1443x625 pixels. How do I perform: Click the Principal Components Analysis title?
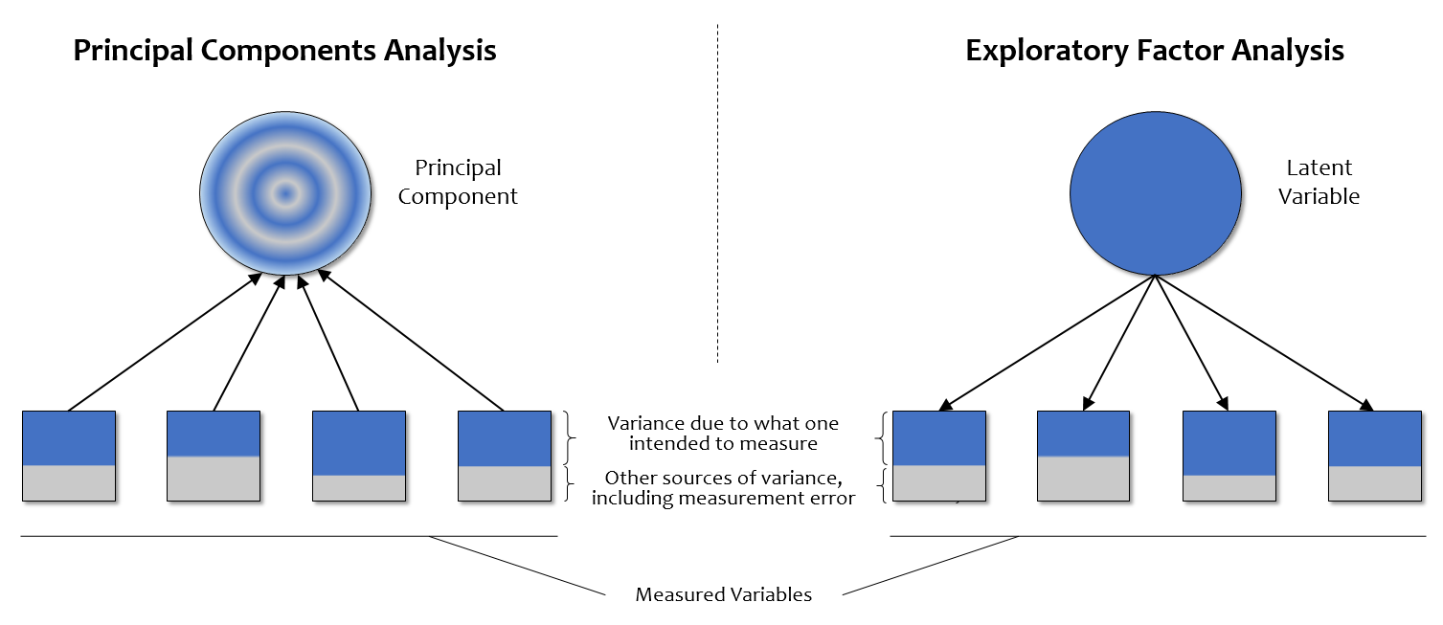pos(284,50)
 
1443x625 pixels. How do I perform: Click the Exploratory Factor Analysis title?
pos(1155,50)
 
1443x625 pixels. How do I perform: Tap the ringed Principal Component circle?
pos(284,194)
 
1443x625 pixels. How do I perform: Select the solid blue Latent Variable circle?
pos(1155,194)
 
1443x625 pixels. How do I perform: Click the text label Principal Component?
pos(458,182)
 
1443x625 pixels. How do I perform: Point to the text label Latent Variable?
pos(1319,182)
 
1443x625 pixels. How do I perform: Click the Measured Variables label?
pos(723,594)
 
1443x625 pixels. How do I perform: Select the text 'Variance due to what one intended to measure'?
pos(723,433)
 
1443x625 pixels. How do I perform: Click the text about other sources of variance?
pos(723,487)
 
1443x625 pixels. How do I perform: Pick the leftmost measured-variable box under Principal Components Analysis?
pos(69,456)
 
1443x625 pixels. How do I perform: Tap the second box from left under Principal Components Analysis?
pos(214,456)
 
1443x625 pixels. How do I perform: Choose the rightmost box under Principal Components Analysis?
pos(504,456)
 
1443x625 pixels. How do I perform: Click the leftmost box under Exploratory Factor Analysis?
pos(938,456)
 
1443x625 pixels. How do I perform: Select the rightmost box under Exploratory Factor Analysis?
pos(1374,456)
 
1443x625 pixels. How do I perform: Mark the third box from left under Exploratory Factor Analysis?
pos(1229,456)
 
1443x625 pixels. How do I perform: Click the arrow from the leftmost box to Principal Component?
pos(163,343)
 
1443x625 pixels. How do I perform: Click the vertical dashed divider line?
pos(717,191)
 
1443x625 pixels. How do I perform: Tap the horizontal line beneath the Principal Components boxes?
pos(287,536)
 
